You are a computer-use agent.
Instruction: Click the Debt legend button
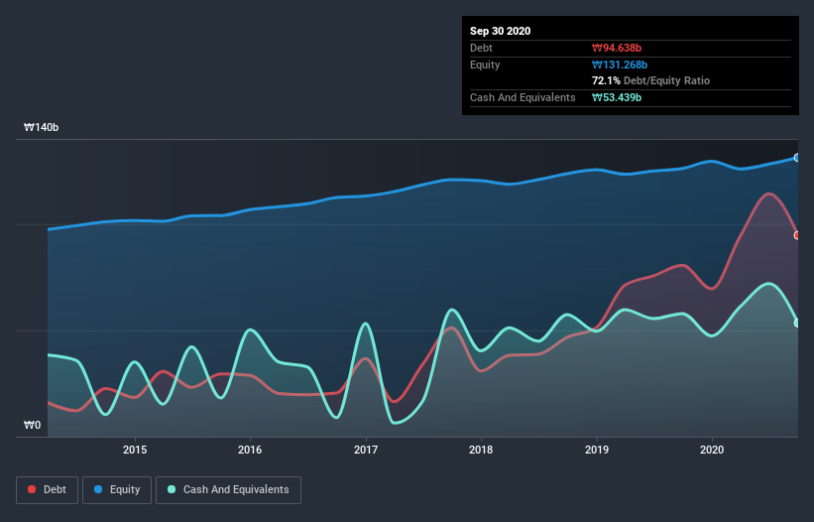(46, 489)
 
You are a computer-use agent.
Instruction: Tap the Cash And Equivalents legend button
(228, 489)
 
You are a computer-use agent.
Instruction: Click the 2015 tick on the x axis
(135, 450)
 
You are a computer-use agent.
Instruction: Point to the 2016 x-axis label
(250, 450)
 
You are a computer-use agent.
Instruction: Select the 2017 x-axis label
(366, 450)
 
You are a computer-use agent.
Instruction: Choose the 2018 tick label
(481, 450)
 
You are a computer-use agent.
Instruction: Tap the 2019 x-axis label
(597, 450)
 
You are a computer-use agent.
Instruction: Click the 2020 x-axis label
(712, 450)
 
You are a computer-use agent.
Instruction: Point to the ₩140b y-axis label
(43, 128)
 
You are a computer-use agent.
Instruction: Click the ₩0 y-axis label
(33, 426)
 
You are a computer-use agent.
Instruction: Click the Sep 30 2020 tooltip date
(500, 31)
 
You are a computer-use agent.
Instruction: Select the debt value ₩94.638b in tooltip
(619, 48)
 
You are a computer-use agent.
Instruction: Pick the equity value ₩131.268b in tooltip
(622, 65)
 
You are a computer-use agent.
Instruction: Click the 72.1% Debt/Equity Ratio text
(650, 80)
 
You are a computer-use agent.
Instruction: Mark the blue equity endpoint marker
(796, 158)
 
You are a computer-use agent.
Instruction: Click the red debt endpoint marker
(796, 235)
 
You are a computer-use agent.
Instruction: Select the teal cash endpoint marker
(796, 323)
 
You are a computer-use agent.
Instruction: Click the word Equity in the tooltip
(485, 65)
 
